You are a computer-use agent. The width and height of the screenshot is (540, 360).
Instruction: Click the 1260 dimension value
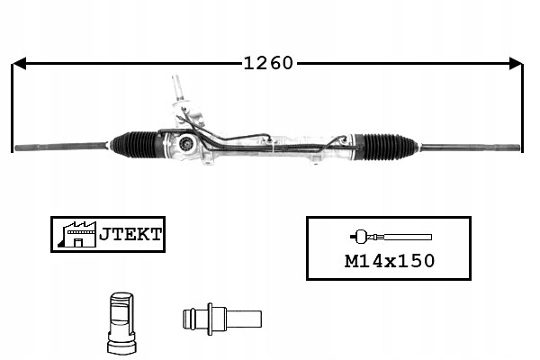pyautogui.click(x=268, y=63)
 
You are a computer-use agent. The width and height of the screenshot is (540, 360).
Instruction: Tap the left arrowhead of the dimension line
pyautogui.click(x=19, y=63)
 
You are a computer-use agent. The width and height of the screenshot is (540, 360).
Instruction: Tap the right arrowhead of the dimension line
pyautogui.click(x=516, y=63)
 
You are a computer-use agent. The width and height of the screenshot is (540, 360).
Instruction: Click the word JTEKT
pyautogui.click(x=130, y=234)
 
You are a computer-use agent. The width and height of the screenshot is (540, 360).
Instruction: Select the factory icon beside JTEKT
pyautogui.click(x=77, y=234)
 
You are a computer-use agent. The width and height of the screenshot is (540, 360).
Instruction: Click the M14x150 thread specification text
pyautogui.click(x=390, y=261)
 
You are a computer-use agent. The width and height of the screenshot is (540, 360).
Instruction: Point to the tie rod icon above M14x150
pyautogui.click(x=391, y=237)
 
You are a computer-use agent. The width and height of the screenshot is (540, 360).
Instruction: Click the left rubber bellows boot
pyautogui.click(x=135, y=144)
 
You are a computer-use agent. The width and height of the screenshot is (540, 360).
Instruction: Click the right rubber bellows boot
pyautogui.click(x=389, y=147)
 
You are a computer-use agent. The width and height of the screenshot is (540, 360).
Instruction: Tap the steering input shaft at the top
pyautogui.click(x=177, y=87)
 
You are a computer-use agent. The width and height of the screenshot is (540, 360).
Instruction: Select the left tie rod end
pyautogui.click(x=60, y=147)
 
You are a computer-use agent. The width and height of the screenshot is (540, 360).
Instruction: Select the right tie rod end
pyautogui.click(x=471, y=148)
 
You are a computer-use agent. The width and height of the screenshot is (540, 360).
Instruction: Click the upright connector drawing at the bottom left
pyautogui.click(x=121, y=323)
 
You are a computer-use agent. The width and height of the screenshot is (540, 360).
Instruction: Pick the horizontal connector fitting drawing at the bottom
pyautogui.click(x=222, y=319)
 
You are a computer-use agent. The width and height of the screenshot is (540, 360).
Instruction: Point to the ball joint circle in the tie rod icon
pyautogui.click(x=360, y=237)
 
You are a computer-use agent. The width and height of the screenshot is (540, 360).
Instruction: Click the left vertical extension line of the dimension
pyautogui.click(x=13, y=108)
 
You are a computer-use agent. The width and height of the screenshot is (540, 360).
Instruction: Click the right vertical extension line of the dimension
pyautogui.click(x=523, y=108)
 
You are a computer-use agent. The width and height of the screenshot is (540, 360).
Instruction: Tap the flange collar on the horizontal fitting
pyautogui.click(x=210, y=319)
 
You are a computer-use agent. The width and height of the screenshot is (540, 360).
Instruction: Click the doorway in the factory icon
pyautogui.click(x=78, y=242)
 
